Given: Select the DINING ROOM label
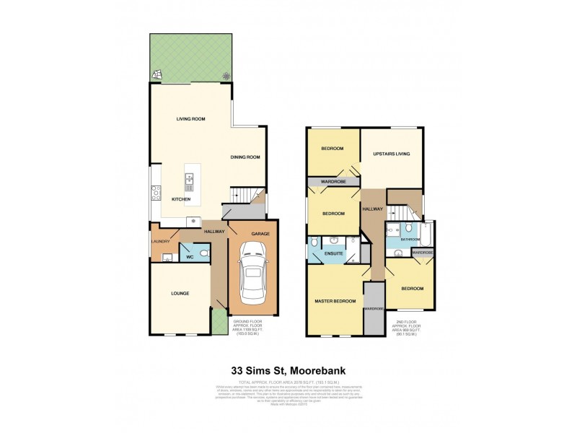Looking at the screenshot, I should pyautogui.click(x=245, y=157).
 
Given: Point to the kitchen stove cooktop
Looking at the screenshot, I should pyautogui.click(x=154, y=192).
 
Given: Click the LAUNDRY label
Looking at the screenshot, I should pyautogui.click(x=160, y=242).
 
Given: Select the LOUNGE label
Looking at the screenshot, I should pyautogui.click(x=180, y=293).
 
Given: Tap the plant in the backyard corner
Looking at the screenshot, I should pyautogui.click(x=226, y=75).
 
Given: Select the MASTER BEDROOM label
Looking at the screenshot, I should pyautogui.click(x=335, y=300).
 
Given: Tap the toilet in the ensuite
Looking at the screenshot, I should pyautogui.click(x=315, y=242).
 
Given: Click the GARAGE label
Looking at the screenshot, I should pyautogui.click(x=260, y=234).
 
